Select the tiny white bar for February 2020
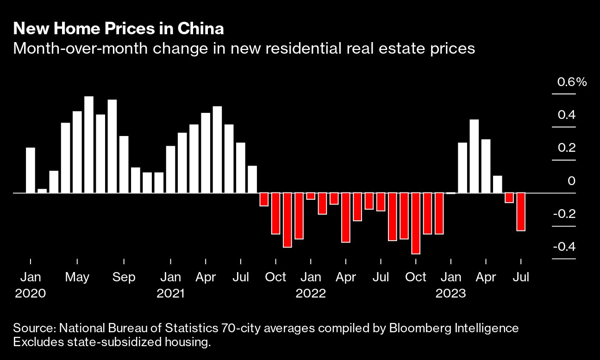coord(42,191)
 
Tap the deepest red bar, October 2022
coord(415,223)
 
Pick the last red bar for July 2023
coord(521,211)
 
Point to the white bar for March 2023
coord(474,156)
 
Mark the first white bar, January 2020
coord(31,170)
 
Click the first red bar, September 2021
coord(264,199)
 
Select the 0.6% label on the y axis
coord(572,82)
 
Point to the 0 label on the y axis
coord(572,181)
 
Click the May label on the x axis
coord(77,277)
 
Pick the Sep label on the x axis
coord(124,277)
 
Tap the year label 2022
coord(311,293)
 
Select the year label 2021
coord(171,293)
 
